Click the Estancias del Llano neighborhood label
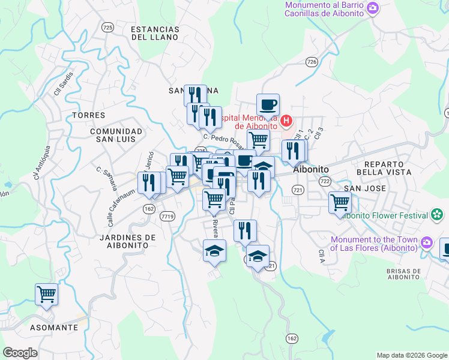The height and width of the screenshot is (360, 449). pos(155,33)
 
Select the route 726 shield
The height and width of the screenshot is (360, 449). pos(311,62)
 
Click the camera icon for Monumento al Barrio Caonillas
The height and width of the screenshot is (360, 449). pos(373,8)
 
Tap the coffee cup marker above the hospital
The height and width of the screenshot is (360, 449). pos(268,105)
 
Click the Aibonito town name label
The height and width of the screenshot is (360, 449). pos(310,170)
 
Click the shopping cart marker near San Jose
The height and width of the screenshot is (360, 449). pos(340,202)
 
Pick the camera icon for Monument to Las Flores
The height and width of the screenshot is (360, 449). pos(427,243)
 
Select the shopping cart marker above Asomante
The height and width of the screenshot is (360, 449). pos(46,294)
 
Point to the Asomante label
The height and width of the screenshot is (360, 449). pos(55,328)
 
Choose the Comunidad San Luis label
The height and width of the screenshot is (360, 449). pos(116,135)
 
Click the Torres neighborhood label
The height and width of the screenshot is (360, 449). pos(88,115)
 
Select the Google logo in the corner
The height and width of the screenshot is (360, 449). pos(20,353)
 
